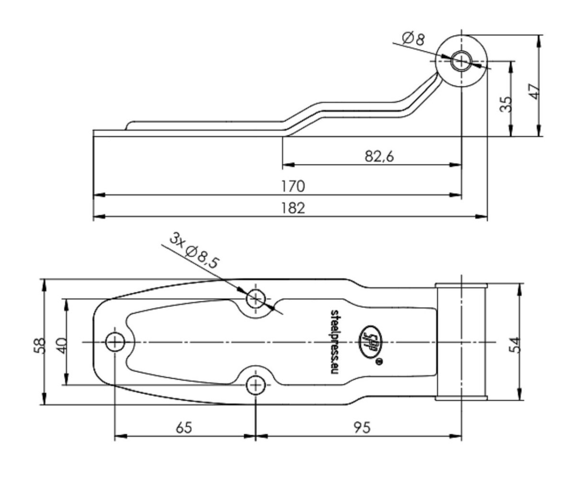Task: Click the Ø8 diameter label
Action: click(414, 39)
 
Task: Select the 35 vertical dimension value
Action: click(506, 104)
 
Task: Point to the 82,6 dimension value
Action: click(379, 156)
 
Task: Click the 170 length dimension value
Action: click(293, 186)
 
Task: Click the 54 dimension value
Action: click(514, 345)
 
